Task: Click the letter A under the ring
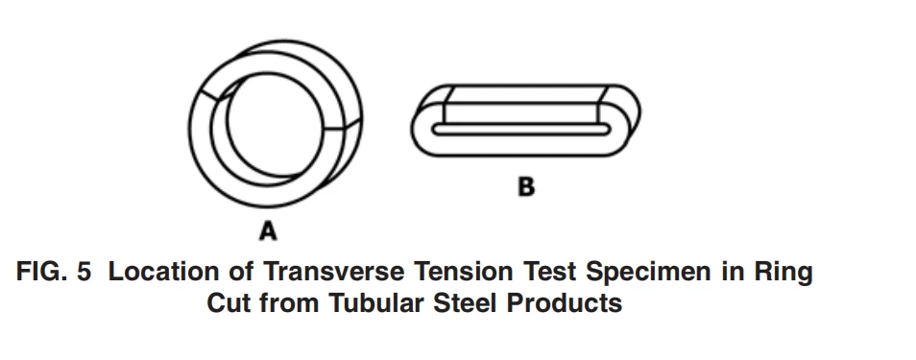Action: pos(268,230)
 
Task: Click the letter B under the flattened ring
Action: pos(526,187)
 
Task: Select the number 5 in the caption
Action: pos(84,272)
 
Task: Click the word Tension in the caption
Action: pos(464,272)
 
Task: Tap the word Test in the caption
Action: pos(551,272)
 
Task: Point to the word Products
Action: pos(564,302)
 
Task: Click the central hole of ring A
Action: pos(274,125)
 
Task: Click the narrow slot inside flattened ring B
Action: pos(521,130)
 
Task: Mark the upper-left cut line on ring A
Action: pos(210,95)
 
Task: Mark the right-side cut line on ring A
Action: pos(343,124)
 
